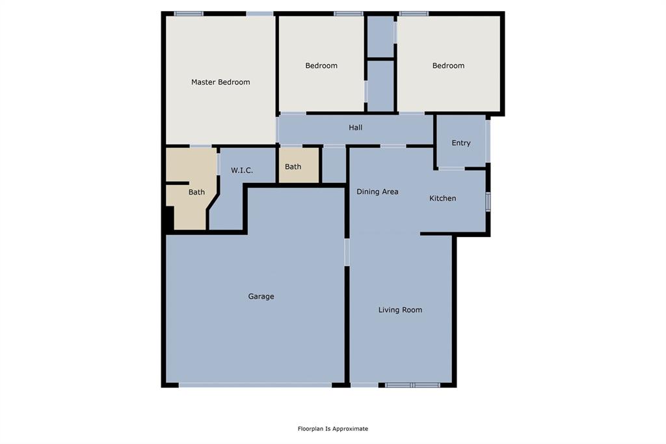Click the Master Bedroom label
pyautogui.click(x=220, y=82)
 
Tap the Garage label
pyautogui.click(x=261, y=296)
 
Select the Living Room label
pyautogui.click(x=400, y=310)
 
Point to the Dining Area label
pyautogui.click(x=377, y=191)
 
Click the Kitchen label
pyautogui.click(x=442, y=198)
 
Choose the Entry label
pyautogui.click(x=460, y=143)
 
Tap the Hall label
pyautogui.click(x=355, y=128)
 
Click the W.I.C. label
pyautogui.click(x=242, y=171)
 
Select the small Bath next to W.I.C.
pyautogui.click(x=293, y=167)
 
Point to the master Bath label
pyautogui.click(x=196, y=192)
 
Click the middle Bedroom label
pyautogui.click(x=321, y=65)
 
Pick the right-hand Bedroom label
pyautogui.click(x=448, y=65)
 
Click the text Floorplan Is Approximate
pyautogui.click(x=333, y=428)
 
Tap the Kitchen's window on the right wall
pyautogui.click(x=488, y=201)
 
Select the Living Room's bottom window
pyautogui.click(x=412, y=385)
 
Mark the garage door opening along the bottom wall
pyautogui.click(x=255, y=385)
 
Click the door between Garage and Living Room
pyautogui.click(x=347, y=252)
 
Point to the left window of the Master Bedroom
pyautogui.click(x=189, y=13)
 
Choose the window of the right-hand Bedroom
pyautogui.click(x=414, y=13)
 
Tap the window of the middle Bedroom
pyautogui.click(x=348, y=13)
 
